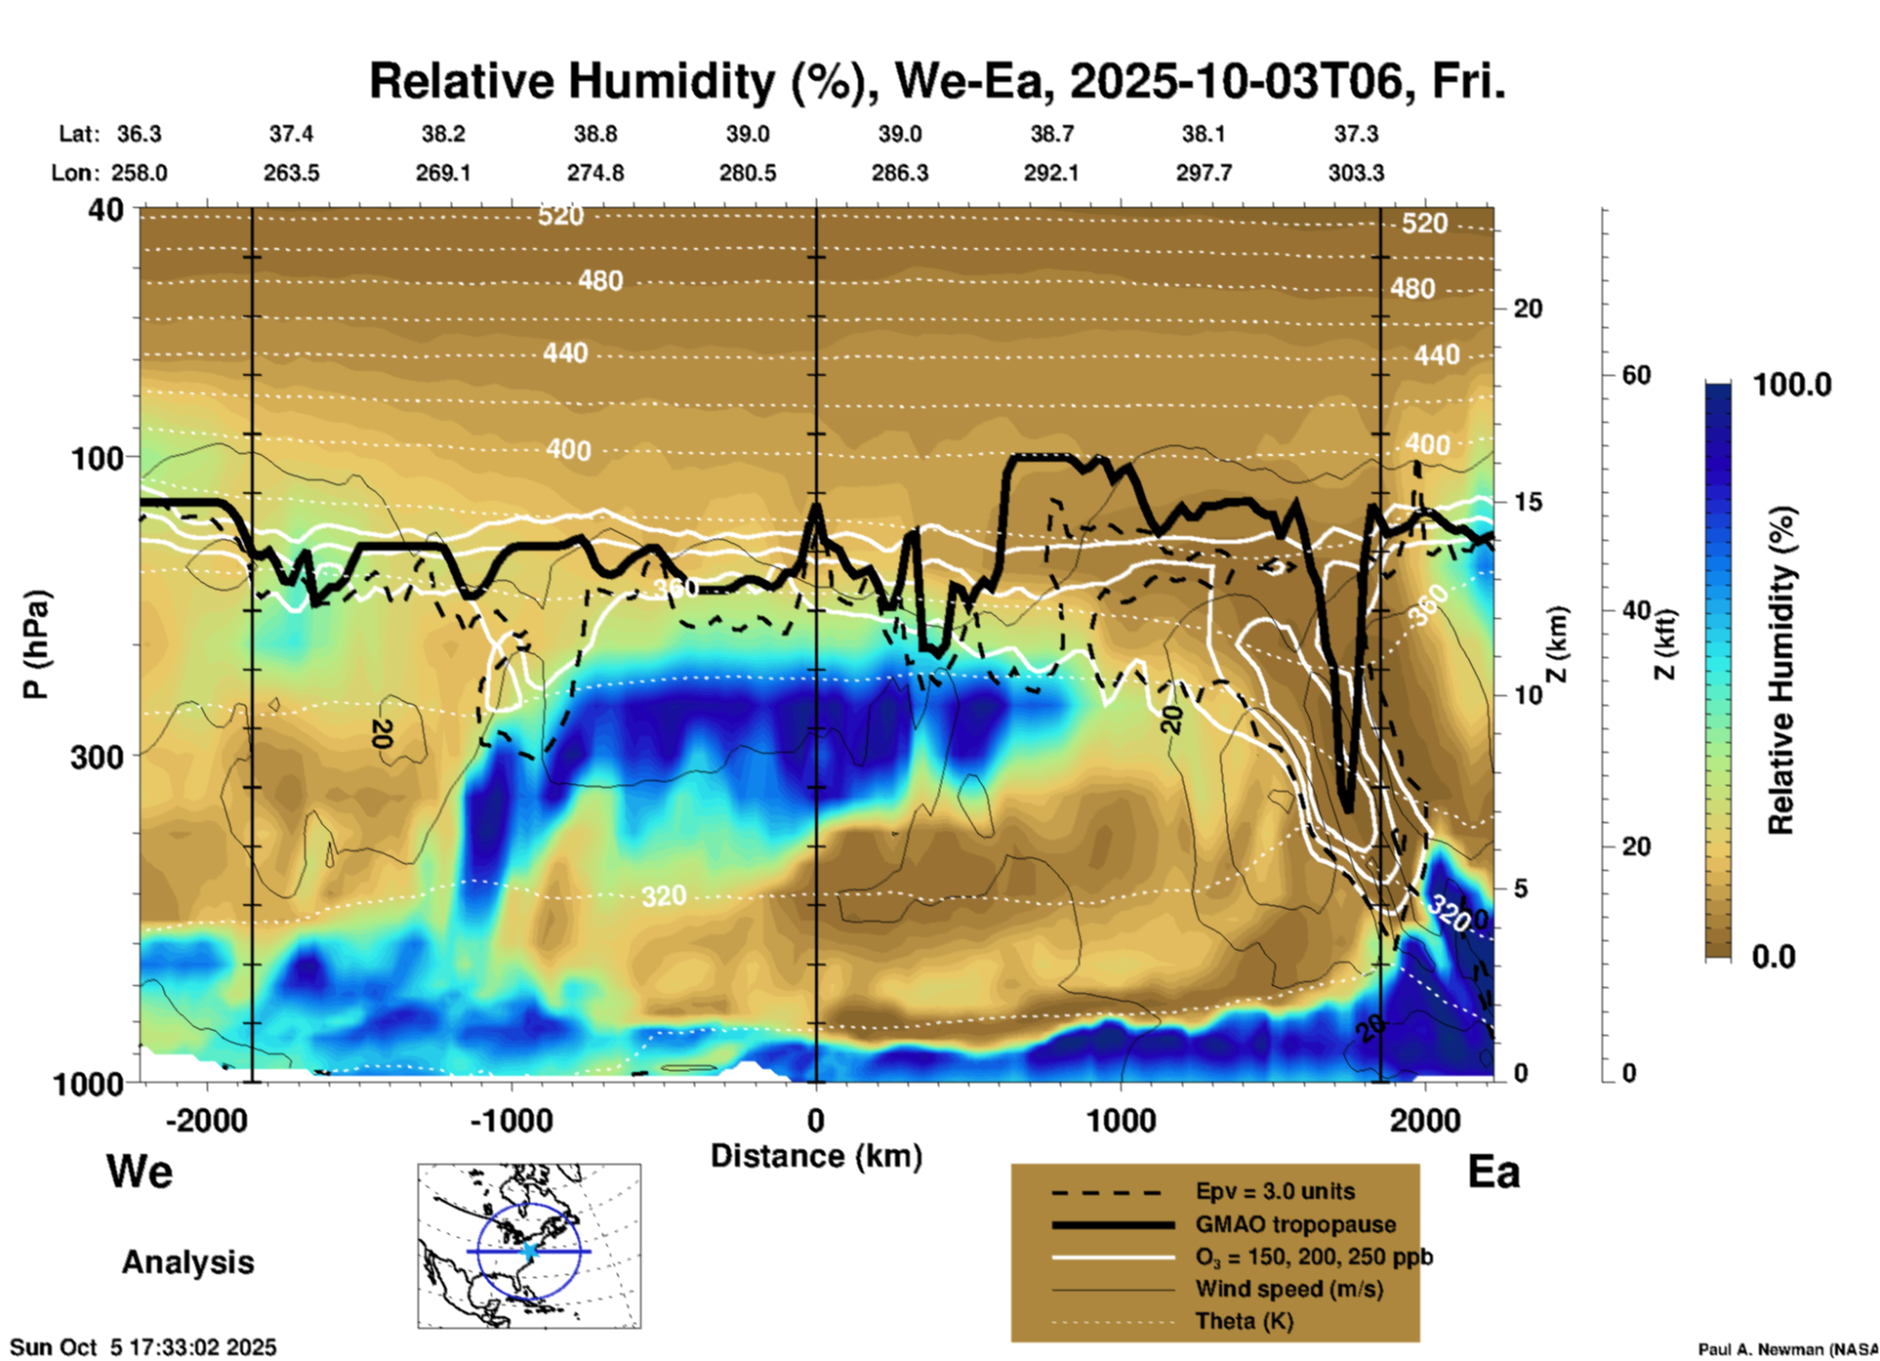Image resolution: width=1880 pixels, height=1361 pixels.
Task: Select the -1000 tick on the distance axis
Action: (511, 1120)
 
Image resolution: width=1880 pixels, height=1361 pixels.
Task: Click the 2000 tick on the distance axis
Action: (1425, 1120)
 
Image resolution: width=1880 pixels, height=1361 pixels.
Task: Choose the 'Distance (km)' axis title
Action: (816, 1156)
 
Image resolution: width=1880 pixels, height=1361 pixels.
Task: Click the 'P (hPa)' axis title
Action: (35, 644)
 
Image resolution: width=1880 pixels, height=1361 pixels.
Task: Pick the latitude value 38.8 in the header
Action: (595, 134)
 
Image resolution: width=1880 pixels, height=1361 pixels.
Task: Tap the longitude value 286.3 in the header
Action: (900, 173)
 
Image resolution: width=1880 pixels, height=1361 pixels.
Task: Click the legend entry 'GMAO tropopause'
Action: (1295, 1224)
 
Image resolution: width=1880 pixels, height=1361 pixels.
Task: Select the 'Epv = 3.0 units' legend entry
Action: (1275, 1191)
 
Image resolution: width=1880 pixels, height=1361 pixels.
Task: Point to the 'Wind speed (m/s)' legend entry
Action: (1288, 1289)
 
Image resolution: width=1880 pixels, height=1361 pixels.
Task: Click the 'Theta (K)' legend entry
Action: (1245, 1321)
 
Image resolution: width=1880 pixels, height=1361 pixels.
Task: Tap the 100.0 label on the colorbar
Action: (1792, 385)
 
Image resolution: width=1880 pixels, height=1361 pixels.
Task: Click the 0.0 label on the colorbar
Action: (1774, 956)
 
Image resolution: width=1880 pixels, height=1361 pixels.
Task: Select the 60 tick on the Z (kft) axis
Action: (1636, 375)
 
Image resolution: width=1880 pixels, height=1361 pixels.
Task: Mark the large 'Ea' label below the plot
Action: (1493, 1172)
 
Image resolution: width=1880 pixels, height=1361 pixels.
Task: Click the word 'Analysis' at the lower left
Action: (187, 1261)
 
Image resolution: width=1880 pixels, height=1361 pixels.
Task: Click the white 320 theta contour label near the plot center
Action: (664, 895)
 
